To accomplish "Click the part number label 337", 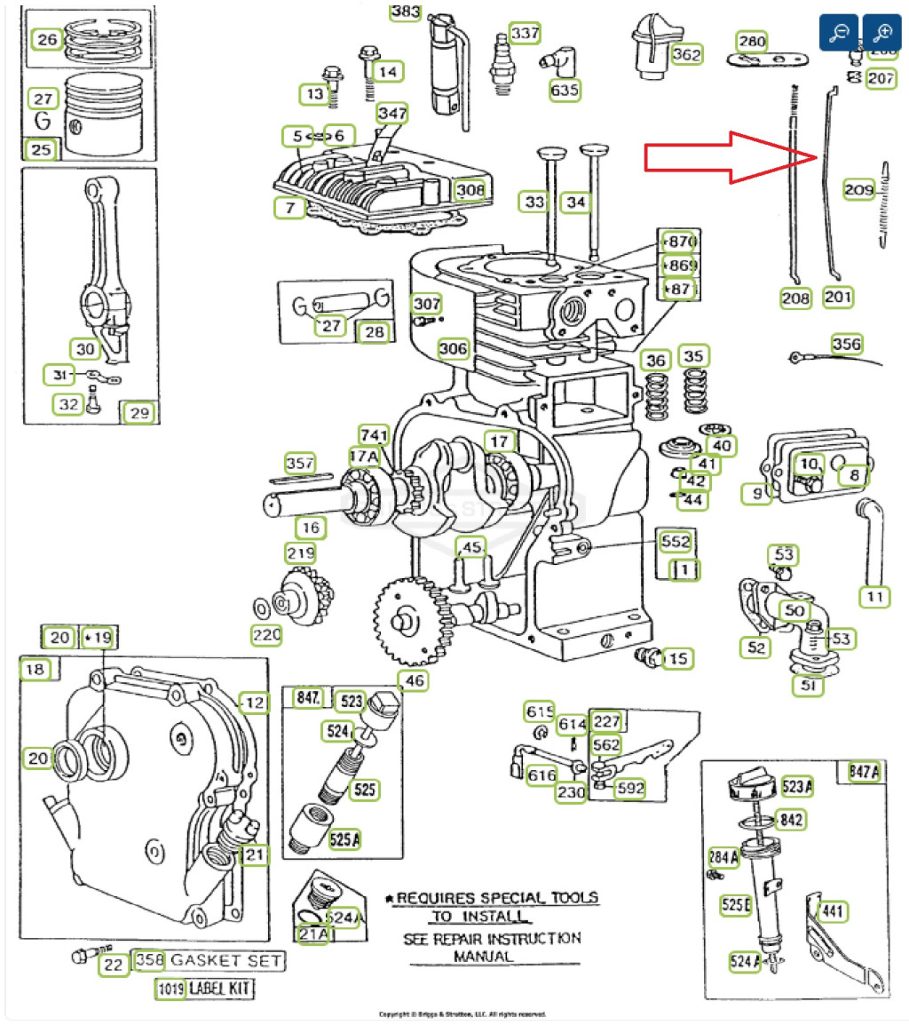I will pyautogui.click(x=525, y=34).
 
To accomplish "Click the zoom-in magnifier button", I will pyautogui.click(x=882, y=32).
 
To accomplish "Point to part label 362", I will pyautogui.click(x=686, y=54).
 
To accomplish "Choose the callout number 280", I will pyautogui.click(x=752, y=42).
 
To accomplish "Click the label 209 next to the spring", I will pyautogui.click(x=858, y=190).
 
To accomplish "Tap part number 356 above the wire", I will pyautogui.click(x=846, y=344).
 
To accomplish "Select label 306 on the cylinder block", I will pyautogui.click(x=453, y=348).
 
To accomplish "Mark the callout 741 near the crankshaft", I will pyautogui.click(x=375, y=434).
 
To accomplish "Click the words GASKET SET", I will pyautogui.click(x=226, y=960).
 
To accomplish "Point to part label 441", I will pyautogui.click(x=833, y=911).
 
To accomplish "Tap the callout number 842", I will pyautogui.click(x=791, y=820).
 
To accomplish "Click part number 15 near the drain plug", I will pyautogui.click(x=678, y=658).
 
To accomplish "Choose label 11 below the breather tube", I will pyautogui.click(x=875, y=597).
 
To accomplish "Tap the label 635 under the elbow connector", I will pyautogui.click(x=565, y=90).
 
